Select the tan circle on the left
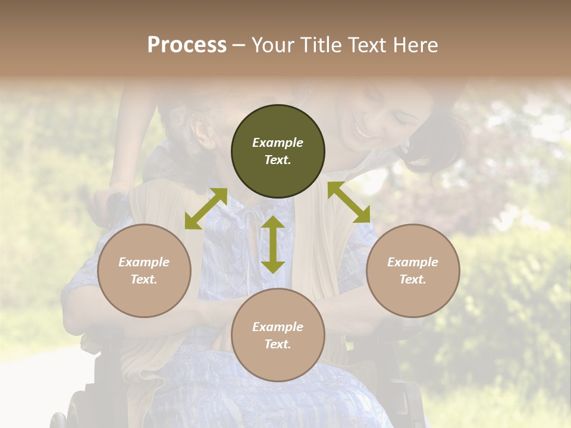click(144, 270)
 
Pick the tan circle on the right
click(413, 270)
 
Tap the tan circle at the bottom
click(278, 335)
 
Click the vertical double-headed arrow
click(273, 244)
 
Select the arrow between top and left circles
click(206, 208)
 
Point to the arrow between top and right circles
click(349, 202)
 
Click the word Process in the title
click(187, 45)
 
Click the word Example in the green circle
click(278, 143)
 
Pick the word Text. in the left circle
click(144, 279)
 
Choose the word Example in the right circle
click(413, 262)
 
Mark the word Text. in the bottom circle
click(278, 344)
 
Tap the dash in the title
click(239, 45)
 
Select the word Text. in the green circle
click(278, 160)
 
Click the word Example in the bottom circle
click(278, 327)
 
